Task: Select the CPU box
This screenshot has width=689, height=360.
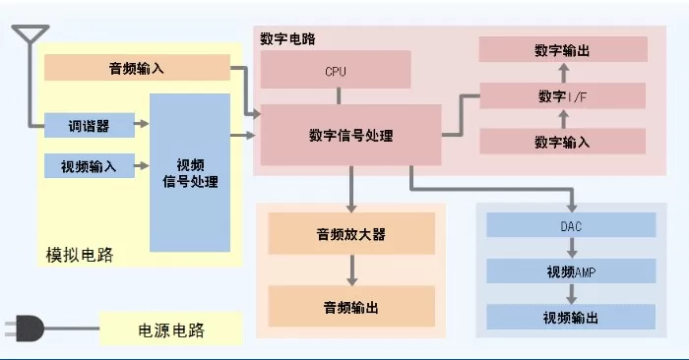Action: point(336,70)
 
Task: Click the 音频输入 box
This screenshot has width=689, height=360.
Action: point(137,68)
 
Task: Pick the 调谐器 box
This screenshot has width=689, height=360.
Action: point(90,126)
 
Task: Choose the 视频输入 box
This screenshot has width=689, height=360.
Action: point(90,166)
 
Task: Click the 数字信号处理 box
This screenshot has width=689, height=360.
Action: point(350,135)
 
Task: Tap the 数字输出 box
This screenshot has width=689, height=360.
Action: point(563,49)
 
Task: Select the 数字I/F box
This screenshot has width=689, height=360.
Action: point(563,95)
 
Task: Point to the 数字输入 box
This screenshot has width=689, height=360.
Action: point(563,142)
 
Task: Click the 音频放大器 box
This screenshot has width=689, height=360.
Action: point(351,233)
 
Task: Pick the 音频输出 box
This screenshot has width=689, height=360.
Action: point(351,307)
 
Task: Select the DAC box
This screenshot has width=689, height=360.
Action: point(571,225)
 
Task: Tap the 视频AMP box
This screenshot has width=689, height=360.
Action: point(571,270)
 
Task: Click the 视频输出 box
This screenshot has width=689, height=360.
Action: point(571,317)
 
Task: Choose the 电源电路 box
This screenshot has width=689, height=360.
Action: point(171,330)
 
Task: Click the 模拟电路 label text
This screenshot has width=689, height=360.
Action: point(80,255)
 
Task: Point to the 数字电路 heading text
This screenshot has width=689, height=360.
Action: point(287,38)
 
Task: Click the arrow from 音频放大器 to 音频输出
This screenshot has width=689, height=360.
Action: point(351,270)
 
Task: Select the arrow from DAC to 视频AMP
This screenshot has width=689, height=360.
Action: point(572,248)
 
